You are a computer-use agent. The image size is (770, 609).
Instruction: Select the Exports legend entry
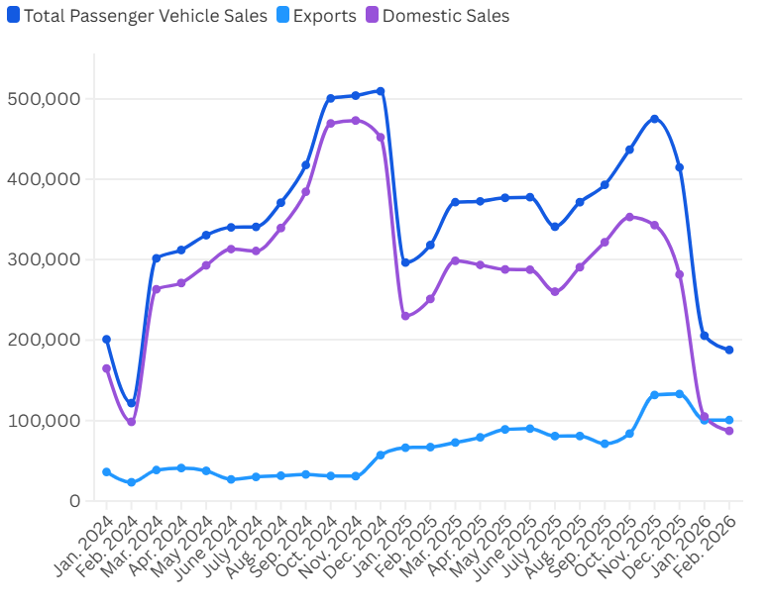click(318, 16)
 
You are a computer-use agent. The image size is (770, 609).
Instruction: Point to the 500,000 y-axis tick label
click(44, 99)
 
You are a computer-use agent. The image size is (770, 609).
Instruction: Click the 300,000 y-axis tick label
click(44, 259)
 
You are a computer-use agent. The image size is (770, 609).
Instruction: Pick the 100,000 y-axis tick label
click(44, 420)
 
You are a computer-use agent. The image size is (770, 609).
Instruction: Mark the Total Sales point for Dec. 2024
click(381, 91)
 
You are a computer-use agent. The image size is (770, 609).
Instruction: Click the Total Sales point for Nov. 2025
click(654, 119)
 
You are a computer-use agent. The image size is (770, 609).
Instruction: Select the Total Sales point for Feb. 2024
click(131, 403)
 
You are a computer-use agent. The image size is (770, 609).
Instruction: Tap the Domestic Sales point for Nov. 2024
click(356, 121)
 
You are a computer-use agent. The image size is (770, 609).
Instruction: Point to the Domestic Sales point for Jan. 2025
click(405, 316)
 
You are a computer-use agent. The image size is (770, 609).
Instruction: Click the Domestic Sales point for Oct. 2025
click(629, 217)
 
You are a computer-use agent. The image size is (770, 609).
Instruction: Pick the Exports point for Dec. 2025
click(679, 394)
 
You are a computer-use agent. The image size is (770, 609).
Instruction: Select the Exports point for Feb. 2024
click(131, 482)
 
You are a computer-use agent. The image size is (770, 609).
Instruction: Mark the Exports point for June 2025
click(530, 429)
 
